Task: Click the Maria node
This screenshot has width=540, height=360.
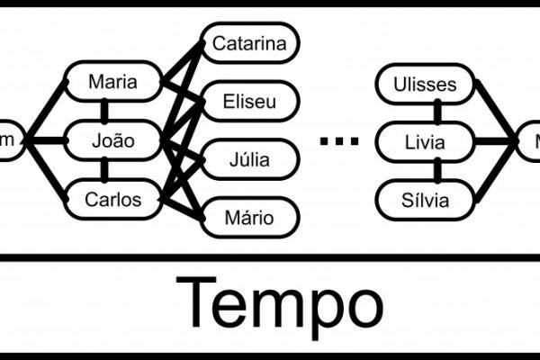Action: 113,84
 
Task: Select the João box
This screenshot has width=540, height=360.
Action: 113,140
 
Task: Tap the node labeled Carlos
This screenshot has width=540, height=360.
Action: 113,199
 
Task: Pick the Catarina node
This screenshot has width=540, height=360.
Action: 249,43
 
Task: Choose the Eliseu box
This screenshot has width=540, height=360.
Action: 249,102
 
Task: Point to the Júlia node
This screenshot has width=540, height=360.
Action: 249,160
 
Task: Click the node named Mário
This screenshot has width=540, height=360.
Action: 249,217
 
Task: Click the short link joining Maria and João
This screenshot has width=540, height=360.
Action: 106,112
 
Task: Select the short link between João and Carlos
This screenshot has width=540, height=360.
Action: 106,169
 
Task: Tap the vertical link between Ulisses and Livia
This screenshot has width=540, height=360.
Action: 438,112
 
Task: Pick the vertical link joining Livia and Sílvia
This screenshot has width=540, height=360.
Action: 438,169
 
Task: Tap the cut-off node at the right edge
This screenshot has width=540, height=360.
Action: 532,140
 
